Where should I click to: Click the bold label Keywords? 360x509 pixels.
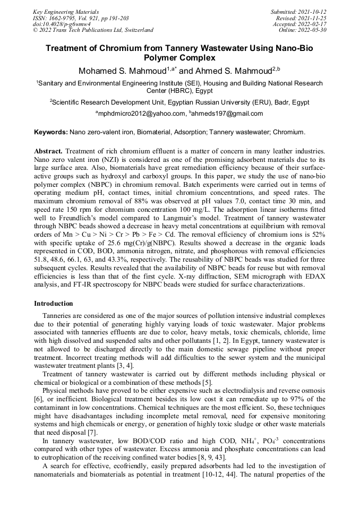coord(51,132)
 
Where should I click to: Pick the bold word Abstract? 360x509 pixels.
coord(48,151)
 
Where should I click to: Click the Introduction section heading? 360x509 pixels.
coord(54,304)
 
